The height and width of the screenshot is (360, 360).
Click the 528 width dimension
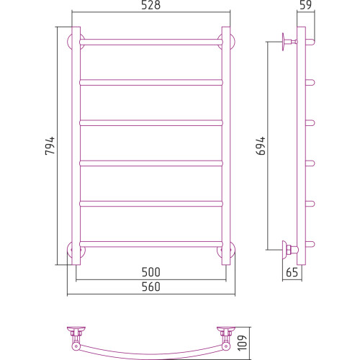(150, 5)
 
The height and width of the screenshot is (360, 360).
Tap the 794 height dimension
(50, 145)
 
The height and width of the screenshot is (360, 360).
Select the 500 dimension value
(150, 272)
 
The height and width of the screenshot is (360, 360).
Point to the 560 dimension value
(150, 287)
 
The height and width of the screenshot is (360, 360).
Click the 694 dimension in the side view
(261, 145)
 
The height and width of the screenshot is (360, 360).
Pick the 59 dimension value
(306, 5)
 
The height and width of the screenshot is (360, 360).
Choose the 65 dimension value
(292, 272)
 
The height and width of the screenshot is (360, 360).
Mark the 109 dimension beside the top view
(243, 343)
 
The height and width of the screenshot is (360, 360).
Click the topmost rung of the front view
(151, 42)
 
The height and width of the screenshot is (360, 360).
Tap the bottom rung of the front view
(151, 244)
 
